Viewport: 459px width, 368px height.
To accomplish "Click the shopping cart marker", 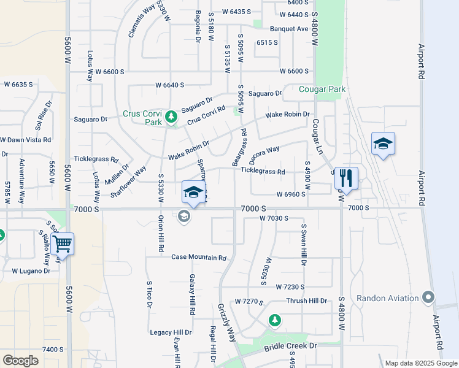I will [x=62, y=243].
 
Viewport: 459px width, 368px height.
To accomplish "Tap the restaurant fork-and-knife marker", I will [x=346, y=178].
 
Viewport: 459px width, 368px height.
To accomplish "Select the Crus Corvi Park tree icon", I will [x=171, y=116].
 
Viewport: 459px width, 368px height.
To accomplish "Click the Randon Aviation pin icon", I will [x=428, y=298].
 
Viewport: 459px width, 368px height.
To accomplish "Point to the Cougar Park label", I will [x=322, y=89].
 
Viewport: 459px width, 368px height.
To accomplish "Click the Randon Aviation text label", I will [x=390, y=299].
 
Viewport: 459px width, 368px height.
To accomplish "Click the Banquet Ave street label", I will [x=289, y=29].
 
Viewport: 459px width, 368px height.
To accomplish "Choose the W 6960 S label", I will [x=291, y=194].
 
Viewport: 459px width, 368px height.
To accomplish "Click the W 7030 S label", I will [x=274, y=218].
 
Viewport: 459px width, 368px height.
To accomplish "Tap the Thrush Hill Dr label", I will [x=307, y=301].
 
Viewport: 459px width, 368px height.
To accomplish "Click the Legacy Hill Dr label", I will [x=171, y=332].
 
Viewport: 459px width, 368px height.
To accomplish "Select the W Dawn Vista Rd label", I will [x=26, y=140].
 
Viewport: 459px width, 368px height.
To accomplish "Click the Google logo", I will [x=20, y=360].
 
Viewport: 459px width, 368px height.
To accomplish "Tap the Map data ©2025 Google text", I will [x=420, y=363].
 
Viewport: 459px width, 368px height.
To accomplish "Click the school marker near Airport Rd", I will [x=382, y=145].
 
